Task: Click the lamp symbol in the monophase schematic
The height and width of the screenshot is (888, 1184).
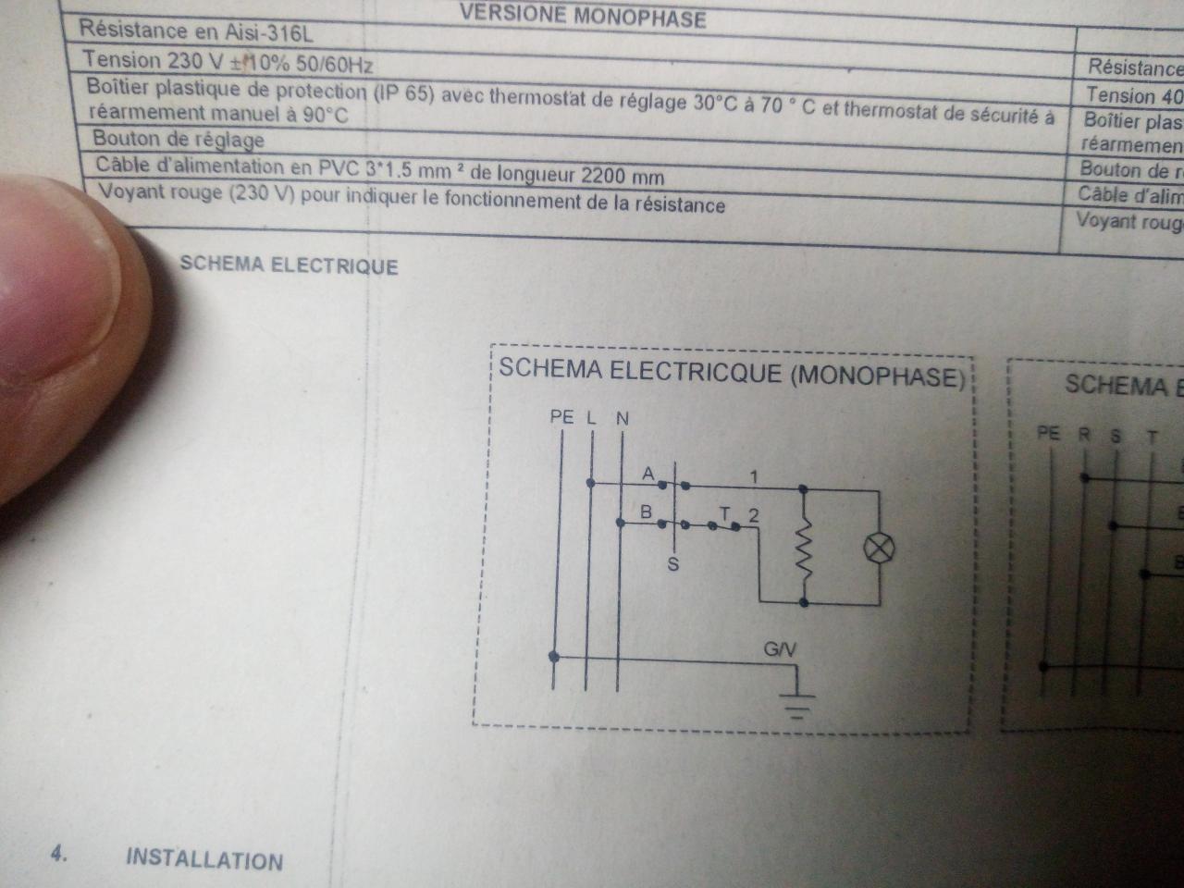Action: point(879,548)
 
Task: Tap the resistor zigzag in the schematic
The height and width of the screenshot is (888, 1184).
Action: point(805,548)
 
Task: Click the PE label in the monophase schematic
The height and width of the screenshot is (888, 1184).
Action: point(561,417)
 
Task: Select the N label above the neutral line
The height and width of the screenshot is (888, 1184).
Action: point(622,418)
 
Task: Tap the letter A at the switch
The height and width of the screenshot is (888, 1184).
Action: point(647,474)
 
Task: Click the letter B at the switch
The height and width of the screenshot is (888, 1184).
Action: point(647,512)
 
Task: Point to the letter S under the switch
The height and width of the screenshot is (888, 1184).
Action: point(673,563)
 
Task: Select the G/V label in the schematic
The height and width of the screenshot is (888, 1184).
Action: point(779,650)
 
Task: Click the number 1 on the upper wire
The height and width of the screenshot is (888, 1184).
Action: point(754,477)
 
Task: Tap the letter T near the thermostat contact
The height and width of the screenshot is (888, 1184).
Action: point(724,513)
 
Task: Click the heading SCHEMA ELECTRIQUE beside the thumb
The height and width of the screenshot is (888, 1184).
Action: point(289,265)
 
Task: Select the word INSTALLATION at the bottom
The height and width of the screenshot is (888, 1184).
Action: point(204,858)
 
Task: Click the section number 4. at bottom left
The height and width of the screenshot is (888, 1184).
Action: point(59,854)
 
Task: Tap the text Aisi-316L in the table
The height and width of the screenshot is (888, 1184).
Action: point(273,34)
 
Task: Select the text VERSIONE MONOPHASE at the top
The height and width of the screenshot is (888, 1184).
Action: point(582,17)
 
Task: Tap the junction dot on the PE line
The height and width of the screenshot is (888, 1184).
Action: point(554,657)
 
